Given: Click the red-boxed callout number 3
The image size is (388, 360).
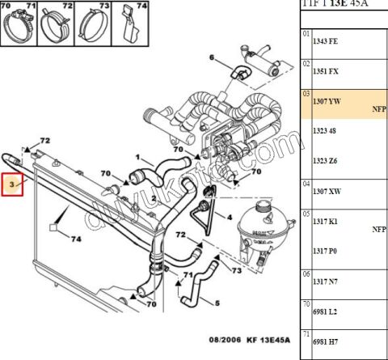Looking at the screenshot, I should [x=13, y=185].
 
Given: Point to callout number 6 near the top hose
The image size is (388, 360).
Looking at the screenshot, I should [x=212, y=57].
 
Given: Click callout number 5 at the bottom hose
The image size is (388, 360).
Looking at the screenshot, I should [x=217, y=303].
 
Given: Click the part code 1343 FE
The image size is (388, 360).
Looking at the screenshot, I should [x=327, y=41].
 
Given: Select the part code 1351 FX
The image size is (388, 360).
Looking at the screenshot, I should [x=327, y=71].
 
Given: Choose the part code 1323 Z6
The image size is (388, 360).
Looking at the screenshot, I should [x=327, y=162].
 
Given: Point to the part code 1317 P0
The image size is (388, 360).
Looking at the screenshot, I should [x=327, y=251].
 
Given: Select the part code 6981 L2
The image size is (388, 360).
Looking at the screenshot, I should [x=327, y=311].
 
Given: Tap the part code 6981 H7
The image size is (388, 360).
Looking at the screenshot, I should [x=327, y=341].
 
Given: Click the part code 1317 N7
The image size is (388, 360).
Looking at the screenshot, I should [x=327, y=281].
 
